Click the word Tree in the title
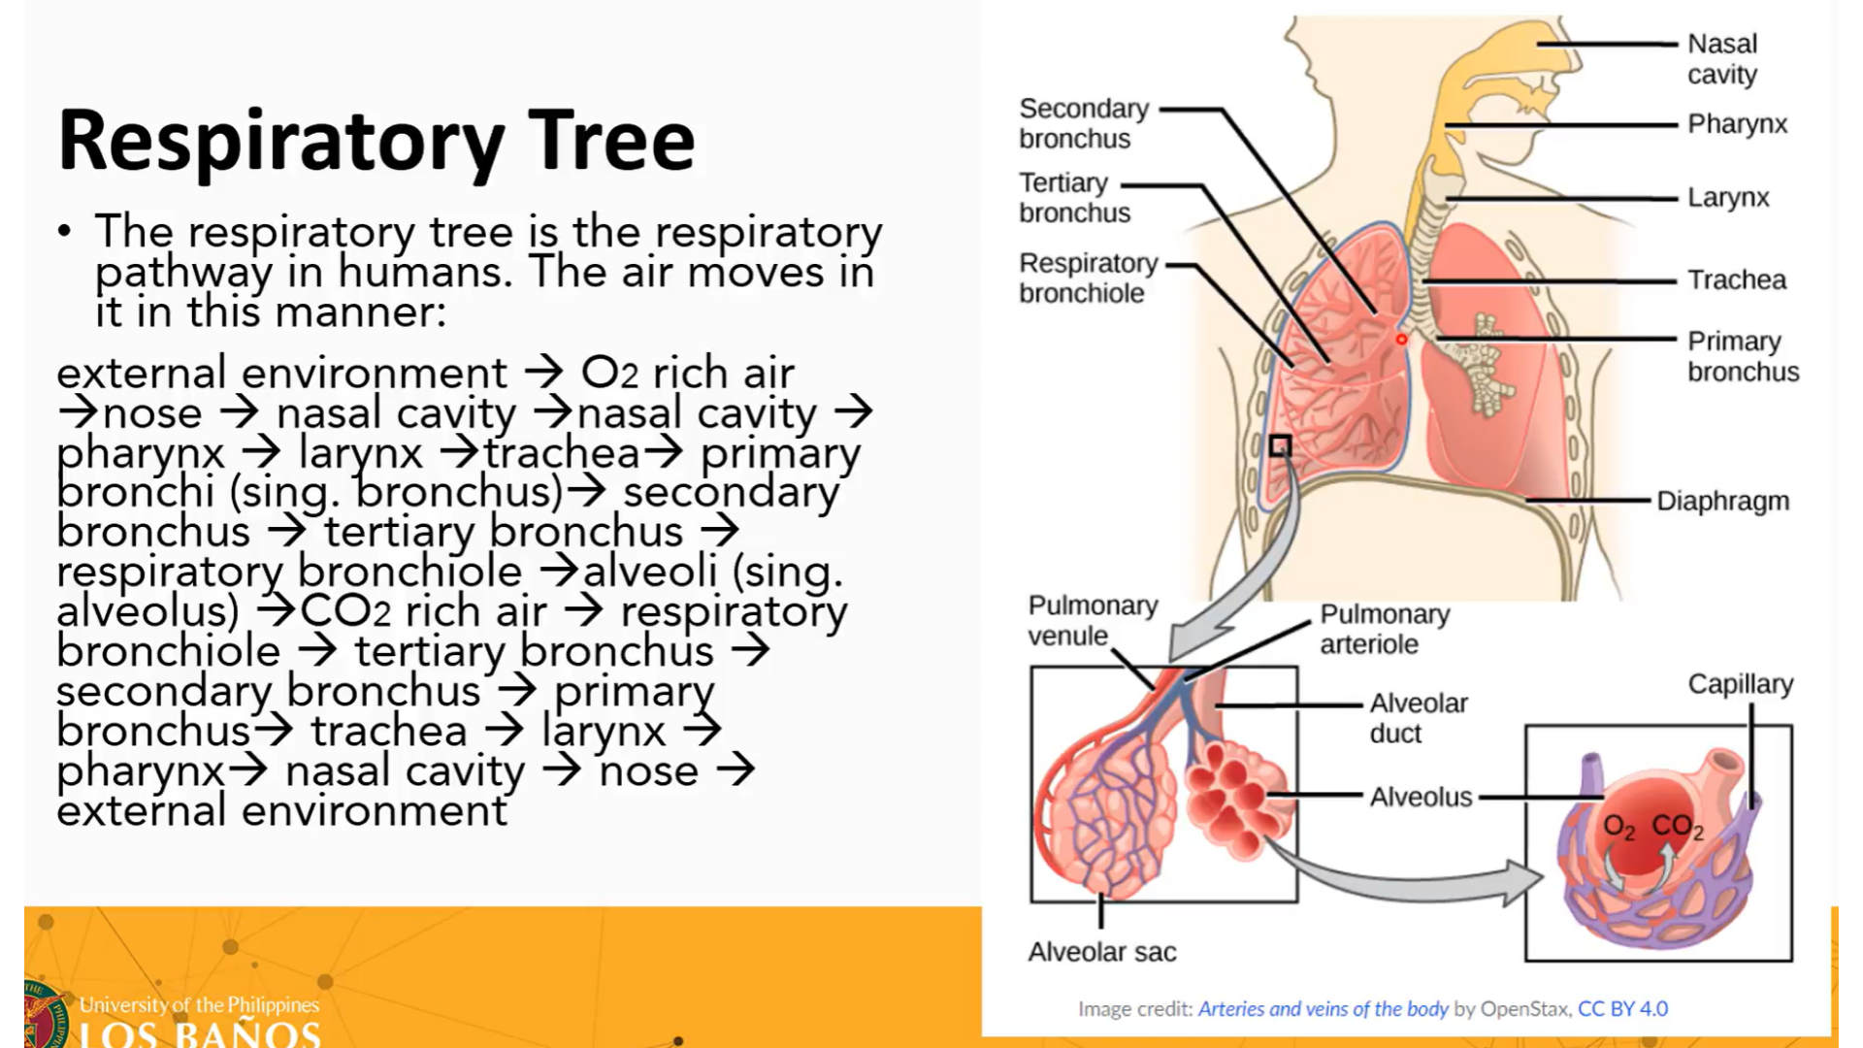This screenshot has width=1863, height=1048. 611,142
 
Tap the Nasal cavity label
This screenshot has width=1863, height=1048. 1722,59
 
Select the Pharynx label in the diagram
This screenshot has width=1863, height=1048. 1737,124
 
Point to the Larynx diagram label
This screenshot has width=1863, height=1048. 1728,198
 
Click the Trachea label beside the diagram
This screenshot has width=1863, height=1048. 1736,280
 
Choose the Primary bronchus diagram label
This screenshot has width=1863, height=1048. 1743,356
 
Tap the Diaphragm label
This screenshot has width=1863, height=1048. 1722,502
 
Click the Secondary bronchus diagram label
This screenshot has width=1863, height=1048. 1083,123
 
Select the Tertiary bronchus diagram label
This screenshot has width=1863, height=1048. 1074,198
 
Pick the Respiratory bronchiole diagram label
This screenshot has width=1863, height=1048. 1088,278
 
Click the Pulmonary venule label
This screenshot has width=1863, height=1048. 1093,621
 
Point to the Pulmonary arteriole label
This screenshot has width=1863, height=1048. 1385,629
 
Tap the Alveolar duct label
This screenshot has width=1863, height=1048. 1419,718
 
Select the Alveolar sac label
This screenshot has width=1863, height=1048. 1102,953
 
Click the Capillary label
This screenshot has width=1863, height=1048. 1740,685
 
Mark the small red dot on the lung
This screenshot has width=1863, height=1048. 1401,340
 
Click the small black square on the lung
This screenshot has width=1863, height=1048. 1280,446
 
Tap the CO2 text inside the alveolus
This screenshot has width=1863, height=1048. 1677,827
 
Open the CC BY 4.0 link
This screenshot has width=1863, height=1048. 1622,1009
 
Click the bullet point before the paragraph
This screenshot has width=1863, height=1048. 65,231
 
